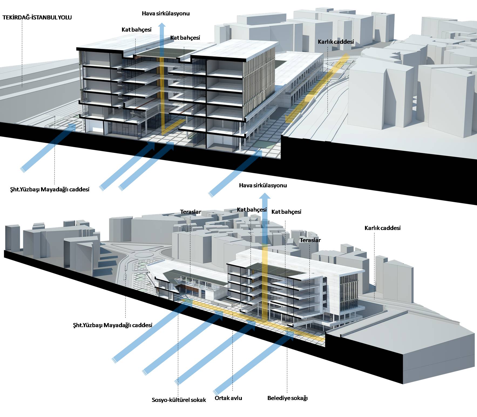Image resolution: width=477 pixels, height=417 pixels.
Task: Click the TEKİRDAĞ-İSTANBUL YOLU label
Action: [37, 18]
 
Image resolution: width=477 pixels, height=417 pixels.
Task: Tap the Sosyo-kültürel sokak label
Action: [179, 400]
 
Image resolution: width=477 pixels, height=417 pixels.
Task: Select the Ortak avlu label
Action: [228, 398]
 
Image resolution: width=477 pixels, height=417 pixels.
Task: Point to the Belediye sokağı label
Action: [287, 398]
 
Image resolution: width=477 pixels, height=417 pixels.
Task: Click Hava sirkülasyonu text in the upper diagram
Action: [166, 13]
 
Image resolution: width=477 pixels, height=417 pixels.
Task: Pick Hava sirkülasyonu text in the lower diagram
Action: [263, 185]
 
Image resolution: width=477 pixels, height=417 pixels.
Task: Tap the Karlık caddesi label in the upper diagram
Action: [336, 42]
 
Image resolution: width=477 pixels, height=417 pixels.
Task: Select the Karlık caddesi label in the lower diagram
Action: [383, 228]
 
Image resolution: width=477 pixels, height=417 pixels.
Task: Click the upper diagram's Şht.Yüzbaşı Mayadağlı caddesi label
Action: [50, 189]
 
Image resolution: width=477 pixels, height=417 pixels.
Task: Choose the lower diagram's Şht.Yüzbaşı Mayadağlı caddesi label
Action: [113, 325]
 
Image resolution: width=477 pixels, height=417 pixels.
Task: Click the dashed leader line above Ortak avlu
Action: [232, 354]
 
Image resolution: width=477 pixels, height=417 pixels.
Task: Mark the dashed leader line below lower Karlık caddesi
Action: [374, 266]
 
